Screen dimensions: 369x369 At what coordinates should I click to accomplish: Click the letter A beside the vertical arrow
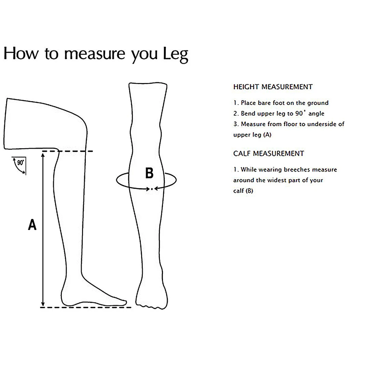[32, 225]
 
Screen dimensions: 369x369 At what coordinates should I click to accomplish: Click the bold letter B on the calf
[149, 173]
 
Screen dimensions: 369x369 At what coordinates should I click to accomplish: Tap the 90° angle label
[20, 163]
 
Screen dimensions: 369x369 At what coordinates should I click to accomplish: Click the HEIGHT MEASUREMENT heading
[273, 87]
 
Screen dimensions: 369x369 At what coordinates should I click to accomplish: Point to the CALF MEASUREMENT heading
[269, 154]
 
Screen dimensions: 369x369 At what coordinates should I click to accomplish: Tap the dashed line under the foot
[85, 307]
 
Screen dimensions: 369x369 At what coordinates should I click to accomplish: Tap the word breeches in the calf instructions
[297, 169]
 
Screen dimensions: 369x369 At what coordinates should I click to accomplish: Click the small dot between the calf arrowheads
[152, 188]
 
